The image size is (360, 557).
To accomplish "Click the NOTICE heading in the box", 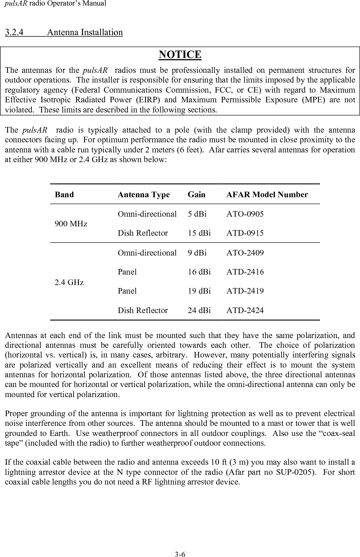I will point(180,55).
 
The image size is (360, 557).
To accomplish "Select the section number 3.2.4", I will point(14,32).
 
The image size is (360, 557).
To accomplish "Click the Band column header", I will point(64,195).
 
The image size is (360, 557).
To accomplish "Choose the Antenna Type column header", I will point(144,195).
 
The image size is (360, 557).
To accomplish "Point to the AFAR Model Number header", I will point(267,195).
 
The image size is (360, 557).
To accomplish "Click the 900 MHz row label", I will point(71,224).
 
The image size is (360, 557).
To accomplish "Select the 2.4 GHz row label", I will point(69,282).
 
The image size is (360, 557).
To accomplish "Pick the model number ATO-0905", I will point(245,214).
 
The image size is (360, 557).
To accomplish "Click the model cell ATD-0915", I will point(245,233).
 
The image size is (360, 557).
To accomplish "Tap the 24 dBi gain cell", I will point(199,310).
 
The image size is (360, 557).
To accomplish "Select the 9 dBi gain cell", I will point(197,253).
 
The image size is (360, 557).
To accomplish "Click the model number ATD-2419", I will point(245,291).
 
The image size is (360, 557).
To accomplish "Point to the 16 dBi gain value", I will point(199,272).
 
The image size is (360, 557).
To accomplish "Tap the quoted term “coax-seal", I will point(337,433).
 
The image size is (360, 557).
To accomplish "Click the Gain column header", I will point(197,195).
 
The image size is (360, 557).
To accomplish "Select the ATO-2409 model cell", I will point(245,253).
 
